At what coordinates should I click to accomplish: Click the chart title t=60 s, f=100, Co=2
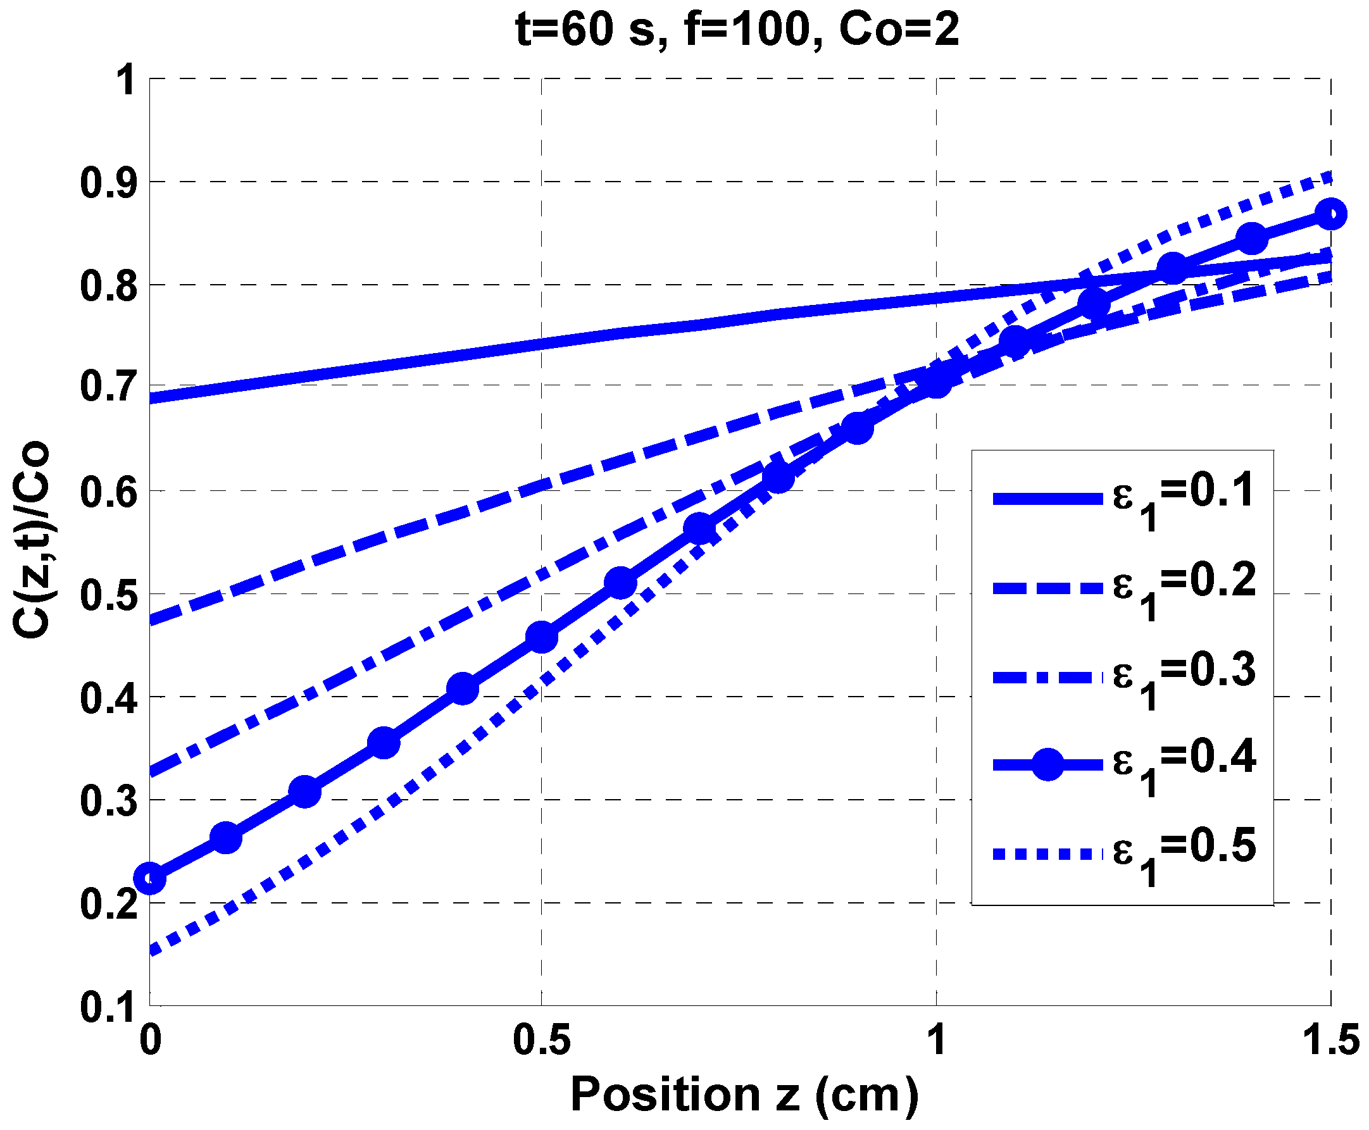click(x=736, y=30)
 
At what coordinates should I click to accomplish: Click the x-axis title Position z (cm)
click(x=744, y=1094)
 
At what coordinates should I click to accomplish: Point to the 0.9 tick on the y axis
click(x=108, y=183)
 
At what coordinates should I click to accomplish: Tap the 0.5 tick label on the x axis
click(x=541, y=1040)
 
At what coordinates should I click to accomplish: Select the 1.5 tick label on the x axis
click(x=1330, y=1040)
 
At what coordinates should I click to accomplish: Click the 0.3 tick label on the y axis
click(x=108, y=800)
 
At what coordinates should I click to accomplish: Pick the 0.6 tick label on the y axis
click(x=108, y=492)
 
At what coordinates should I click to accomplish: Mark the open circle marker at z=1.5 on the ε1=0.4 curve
click(x=1330, y=214)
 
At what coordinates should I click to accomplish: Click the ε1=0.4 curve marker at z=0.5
click(x=541, y=636)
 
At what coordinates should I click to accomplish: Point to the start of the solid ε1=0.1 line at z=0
click(x=152, y=399)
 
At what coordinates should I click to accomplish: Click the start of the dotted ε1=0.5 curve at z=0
click(x=153, y=952)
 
